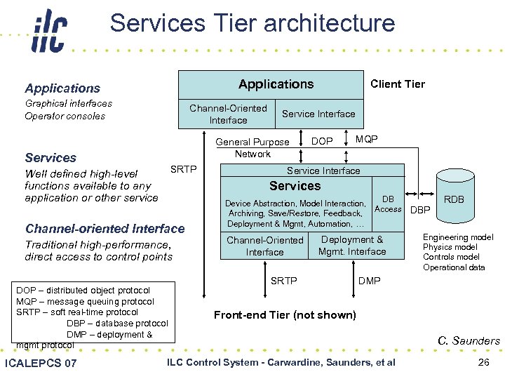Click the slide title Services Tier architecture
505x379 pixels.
point(252,23)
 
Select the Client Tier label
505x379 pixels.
point(397,84)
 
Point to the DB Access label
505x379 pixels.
point(388,204)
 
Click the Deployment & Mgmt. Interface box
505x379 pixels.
point(352,246)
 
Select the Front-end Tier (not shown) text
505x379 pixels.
point(285,314)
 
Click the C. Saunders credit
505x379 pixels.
point(469,341)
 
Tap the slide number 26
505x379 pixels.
point(483,362)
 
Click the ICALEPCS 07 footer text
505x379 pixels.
point(41,363)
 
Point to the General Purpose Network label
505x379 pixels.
point(252,147)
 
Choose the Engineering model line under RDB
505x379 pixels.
point(458,237)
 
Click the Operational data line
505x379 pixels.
point(454,267)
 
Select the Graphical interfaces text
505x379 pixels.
point(68,103)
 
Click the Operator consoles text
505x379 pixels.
point(65,116)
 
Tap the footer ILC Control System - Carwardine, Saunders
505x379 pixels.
point(281,362)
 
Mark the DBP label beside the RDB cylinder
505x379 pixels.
point(420,210)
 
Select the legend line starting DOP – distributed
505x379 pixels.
point(83,290)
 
